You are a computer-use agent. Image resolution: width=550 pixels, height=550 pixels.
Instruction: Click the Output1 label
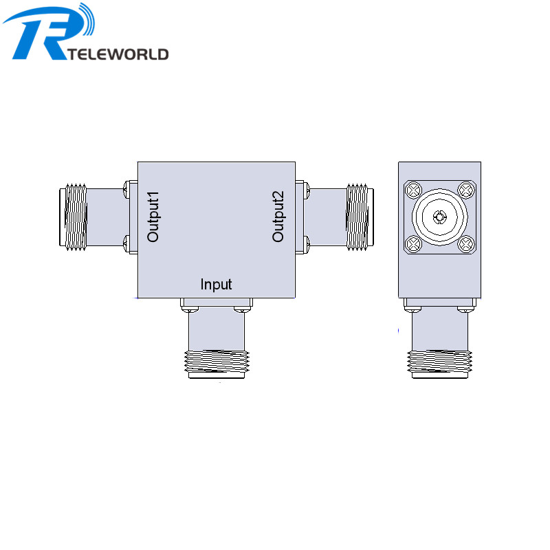153,217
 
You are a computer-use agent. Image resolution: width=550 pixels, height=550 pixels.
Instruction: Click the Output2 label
278,217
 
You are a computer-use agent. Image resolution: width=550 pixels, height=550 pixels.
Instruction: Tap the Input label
216,284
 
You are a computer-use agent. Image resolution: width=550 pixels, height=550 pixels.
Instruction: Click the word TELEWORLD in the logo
118,54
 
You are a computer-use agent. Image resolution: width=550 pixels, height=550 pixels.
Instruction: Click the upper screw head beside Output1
125,186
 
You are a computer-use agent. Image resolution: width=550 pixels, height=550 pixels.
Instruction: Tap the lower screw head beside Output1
125,243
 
